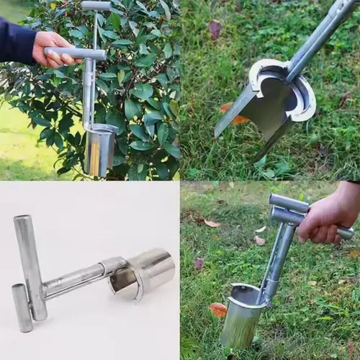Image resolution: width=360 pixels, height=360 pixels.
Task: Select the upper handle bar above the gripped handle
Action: [96, 6]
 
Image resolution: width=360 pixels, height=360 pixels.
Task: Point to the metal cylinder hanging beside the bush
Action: [99, 149]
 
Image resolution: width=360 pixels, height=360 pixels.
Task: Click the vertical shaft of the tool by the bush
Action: [88, 90]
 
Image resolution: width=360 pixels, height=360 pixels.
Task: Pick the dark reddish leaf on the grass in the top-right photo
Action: [215, 28]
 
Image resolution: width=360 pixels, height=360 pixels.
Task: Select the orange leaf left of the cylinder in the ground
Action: [217, 310]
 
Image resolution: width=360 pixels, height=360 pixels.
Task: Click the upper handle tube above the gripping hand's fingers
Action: [288, 202]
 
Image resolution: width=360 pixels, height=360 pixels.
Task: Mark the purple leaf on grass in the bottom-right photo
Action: [199, 264]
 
